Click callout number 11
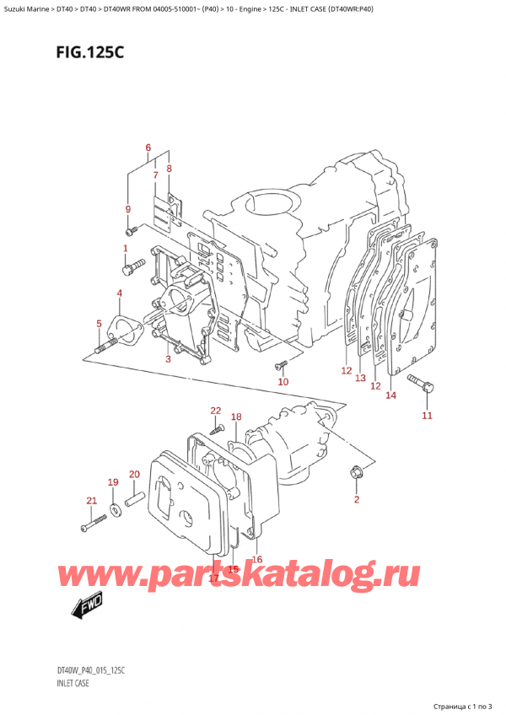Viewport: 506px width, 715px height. pyautogui.click(x=427, y=416)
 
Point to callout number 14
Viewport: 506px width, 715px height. pyautogui.click(x=390, y=395)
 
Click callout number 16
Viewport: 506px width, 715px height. pyautogui.click(x=257, y=559)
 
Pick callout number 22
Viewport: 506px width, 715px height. pyautogui.click(x=216, y=411)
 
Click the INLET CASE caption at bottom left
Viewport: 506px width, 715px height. pyautogui.click(x=75, y=684)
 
